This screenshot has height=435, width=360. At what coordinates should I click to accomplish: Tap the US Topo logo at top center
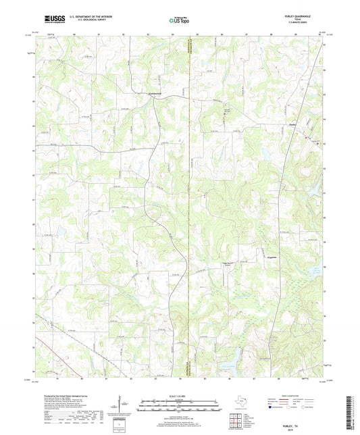pyautogui.click(x=179, y=22)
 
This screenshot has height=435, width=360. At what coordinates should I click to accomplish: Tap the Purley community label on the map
pyautogui.click(x=292, y=124)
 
